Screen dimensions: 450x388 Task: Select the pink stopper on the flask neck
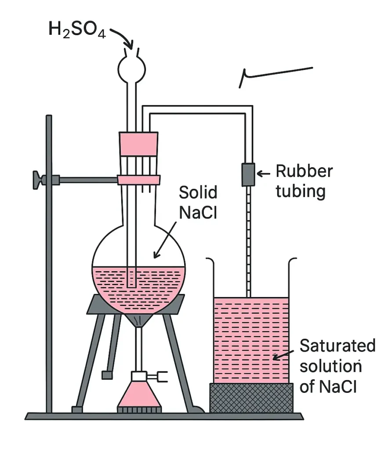point(138,144)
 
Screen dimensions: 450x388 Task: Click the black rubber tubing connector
point(247,174)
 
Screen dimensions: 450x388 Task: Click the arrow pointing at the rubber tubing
point(263,174)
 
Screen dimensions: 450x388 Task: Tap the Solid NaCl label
point(198,203)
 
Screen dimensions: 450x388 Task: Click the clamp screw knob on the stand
point(38,180)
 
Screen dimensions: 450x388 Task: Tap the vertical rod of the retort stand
point(49,264)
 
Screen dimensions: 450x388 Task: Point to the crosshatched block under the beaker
point(251,398)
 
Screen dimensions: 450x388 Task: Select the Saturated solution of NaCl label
point(337,366)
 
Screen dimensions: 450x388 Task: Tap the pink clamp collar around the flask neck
point(138,179)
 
